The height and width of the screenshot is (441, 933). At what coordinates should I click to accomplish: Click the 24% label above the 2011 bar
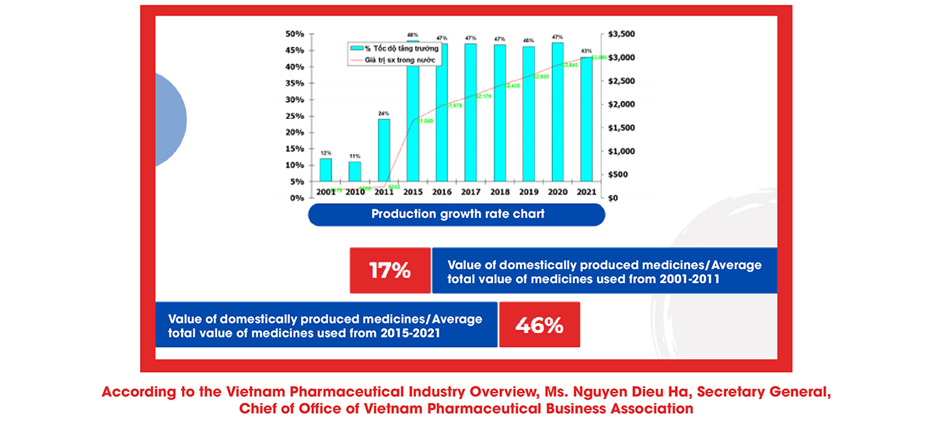tap(384, 114)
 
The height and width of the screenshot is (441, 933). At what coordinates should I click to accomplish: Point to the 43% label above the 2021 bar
tap(586, 51)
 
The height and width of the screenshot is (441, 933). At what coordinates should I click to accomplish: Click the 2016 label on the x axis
tap(441, 191)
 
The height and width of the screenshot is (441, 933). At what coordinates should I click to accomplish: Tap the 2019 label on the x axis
tap(528, 191)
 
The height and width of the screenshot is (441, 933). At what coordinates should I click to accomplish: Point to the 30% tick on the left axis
tap(295, 100)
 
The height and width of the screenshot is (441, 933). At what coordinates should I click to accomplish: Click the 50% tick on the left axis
tap(295, 34)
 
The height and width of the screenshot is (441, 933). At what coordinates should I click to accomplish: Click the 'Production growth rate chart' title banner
tap(456, 215)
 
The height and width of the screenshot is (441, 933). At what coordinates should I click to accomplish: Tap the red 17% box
tap(390, 271)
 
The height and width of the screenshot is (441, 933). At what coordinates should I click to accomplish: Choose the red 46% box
tap(540, 325)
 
